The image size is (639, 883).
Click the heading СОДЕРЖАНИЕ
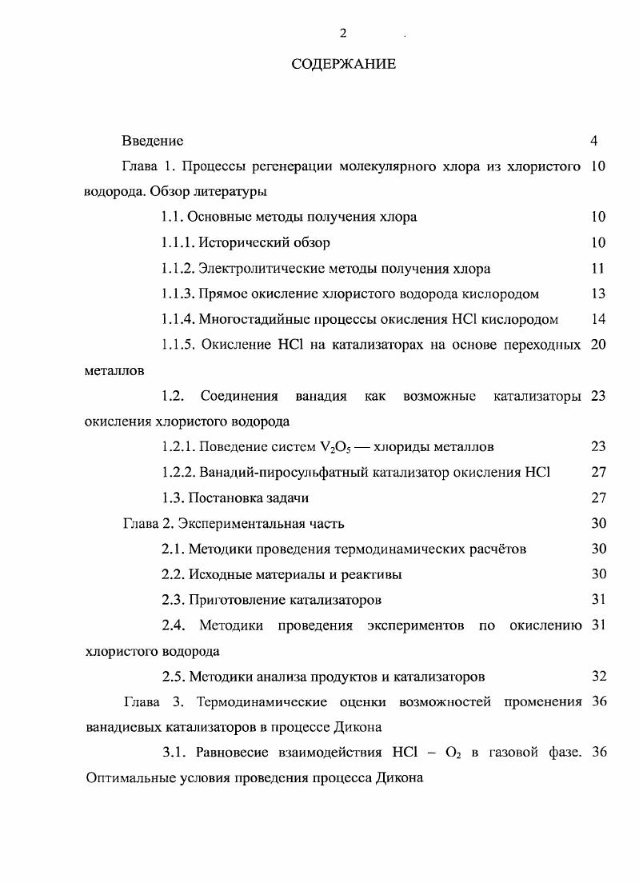tap(343, 64)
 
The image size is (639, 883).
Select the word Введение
tap(152, 141)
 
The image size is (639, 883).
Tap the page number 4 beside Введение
tap(594, 141)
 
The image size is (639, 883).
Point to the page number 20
tap(597, 345)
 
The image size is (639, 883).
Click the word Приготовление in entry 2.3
tap(234, 600)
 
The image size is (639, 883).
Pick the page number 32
tap(598, 677)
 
